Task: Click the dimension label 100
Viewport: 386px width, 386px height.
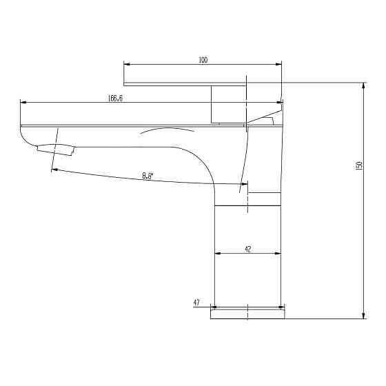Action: coord(203,61)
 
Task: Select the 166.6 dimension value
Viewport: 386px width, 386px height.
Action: coord(115,99)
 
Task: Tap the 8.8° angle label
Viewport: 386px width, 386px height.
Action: coord(147,176)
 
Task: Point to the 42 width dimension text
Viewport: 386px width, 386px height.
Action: coord(247,250)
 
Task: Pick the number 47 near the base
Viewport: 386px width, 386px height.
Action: coord(196,303)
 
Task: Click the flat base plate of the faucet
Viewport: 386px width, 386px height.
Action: coord(247,314)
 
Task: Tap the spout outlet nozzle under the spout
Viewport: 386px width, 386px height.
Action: coord(56,148)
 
